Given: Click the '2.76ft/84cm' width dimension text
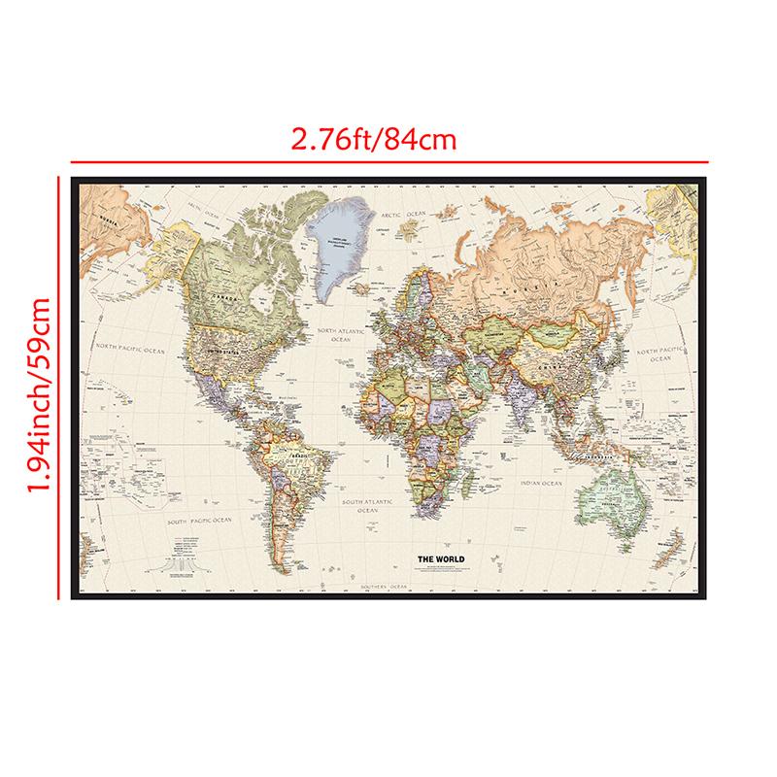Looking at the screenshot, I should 374,138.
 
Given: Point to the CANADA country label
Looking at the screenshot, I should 225,292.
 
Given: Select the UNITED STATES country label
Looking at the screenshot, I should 216,342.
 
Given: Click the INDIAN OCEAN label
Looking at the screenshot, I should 540,483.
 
